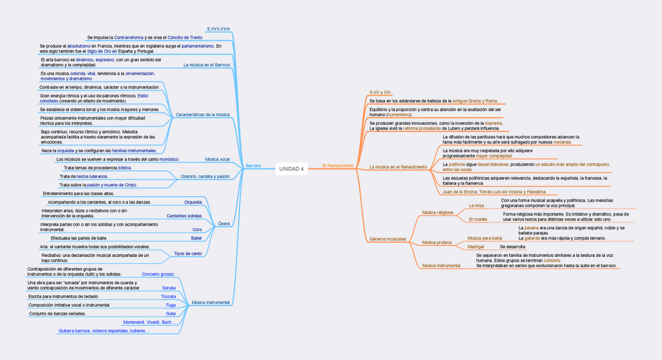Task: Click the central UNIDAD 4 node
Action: (291, 167)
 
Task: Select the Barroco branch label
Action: (253, 166)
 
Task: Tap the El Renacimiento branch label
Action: (337, 166)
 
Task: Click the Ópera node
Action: (223, 223)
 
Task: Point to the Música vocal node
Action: (217, 159)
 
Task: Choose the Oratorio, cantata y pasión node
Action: (205, 176)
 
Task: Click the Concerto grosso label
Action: (158, 274)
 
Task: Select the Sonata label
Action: (169, 287)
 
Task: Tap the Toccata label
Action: (168, 297)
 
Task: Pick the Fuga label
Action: (170, 305)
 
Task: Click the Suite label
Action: (170, 314)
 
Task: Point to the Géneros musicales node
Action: (387, 238)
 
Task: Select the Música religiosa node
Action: (437, 212)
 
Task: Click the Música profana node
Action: (436, 242)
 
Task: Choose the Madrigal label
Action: (475, 247)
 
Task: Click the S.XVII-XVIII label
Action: (218, 29)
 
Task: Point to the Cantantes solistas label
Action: (184, 215)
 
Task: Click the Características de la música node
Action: (203, 115)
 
